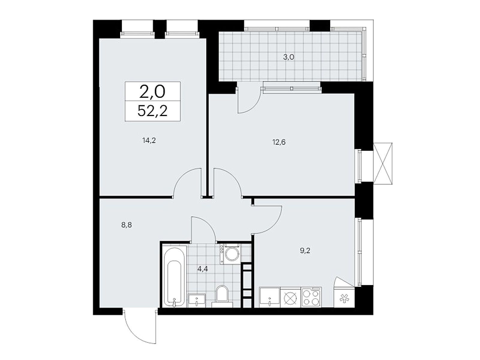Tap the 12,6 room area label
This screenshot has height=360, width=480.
click(x=279, y=142)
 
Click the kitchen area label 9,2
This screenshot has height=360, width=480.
click(x=305, y=250)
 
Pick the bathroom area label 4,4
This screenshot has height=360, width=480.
click(x=202, y=268)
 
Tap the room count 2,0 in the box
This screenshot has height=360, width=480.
click(x=152, y=92)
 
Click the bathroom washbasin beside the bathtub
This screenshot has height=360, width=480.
click(x=196, y=300)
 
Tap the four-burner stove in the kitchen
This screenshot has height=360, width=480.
click(x=311, y=297)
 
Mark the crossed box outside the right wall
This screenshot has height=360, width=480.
click(x=383, y=164)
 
